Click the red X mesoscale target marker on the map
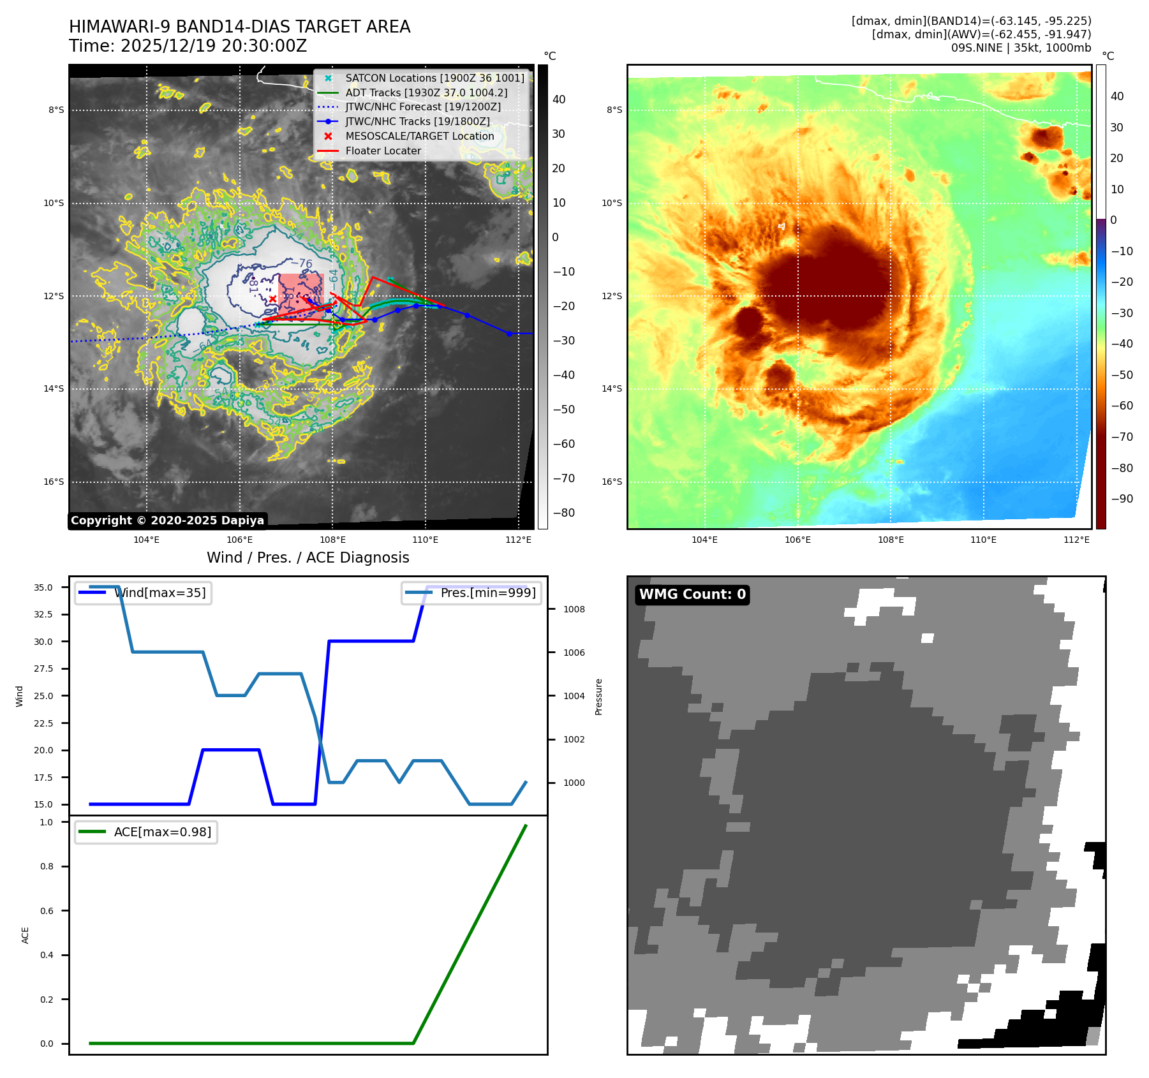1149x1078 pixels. tap(272, 299)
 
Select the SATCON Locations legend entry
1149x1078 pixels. tap(434, 78)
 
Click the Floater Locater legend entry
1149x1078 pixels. tap(383, 151)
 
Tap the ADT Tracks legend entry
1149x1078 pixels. tap(426, 92)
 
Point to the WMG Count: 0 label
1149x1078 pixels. tap(692, 594)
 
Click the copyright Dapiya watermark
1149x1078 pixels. tap(167, 521)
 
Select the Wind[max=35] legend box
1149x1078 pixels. tap(143, 593)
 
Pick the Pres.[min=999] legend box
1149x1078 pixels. tap(471, 593)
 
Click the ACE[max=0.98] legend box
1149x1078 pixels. tap(146, 832)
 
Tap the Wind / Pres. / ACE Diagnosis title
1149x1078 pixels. tap(308, 558)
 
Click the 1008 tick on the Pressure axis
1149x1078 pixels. tap(574, 609)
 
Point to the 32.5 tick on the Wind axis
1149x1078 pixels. tap(43, 614)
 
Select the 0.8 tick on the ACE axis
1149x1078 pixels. tap(47, 866)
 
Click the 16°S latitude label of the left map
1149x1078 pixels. tap(54, 482)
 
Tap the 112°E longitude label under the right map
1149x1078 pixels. tap(1076, 540)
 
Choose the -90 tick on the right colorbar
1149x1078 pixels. tap(1122, 499)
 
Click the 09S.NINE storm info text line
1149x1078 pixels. tap(1021, 48)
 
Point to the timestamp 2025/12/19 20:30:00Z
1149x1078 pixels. tap(214, 47)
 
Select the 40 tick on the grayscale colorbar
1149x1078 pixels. tap(559, 100)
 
